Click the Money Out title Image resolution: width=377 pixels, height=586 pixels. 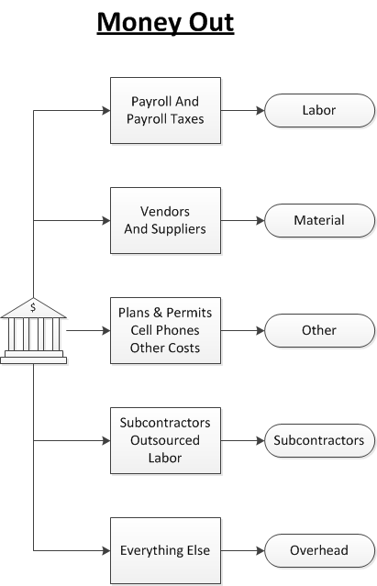165,21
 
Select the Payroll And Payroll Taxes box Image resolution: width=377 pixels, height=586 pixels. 165,111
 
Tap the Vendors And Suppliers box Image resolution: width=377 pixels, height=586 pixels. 165,220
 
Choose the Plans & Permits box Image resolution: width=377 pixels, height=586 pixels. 165,330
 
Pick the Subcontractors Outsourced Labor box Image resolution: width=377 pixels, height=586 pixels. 165,441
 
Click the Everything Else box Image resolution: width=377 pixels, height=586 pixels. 165,551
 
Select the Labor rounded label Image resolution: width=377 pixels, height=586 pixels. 319,111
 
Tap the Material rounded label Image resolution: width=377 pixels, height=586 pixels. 319,220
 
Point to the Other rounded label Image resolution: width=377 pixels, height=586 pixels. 319,330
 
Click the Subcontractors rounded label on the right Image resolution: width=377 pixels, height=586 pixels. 319,441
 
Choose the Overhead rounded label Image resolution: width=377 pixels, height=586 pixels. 319,551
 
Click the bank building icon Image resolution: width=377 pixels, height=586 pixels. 33,332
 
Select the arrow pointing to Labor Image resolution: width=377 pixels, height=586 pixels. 243,111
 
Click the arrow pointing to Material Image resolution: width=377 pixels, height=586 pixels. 243,220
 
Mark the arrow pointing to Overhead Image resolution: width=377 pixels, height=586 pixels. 243,551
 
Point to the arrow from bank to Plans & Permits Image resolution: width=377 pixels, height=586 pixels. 88,330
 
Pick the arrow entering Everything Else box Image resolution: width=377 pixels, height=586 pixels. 73,551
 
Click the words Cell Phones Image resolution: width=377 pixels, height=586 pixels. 165,330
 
